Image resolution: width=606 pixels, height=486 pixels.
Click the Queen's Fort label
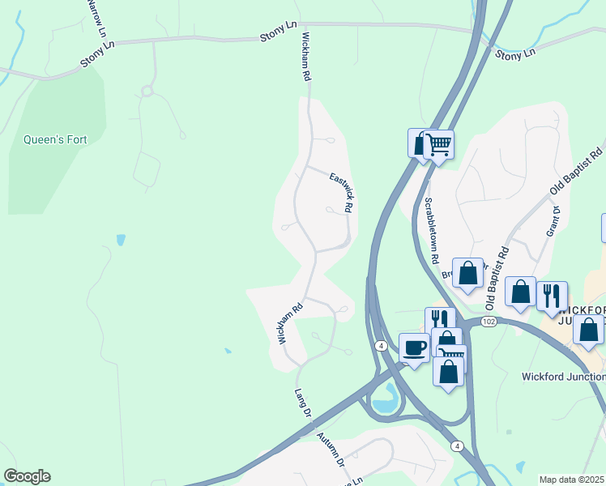(x=55, y=139)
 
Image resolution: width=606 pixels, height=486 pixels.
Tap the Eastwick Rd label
(x=341, y=191)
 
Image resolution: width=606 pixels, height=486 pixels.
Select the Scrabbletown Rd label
(x=430, y=232)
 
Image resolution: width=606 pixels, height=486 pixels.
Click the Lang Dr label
(x=304, y=403)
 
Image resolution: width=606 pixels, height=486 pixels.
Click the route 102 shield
(x=488, y=322)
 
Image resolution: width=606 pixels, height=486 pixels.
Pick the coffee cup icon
(x=414, y=348)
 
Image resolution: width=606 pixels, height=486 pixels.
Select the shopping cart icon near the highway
(x=438, y=146)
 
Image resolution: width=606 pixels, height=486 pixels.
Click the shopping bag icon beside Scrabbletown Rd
(x=467, y=273)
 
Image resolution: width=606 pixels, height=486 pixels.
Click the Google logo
(x=27, y=476)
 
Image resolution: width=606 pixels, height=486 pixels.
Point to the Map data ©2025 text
(x=572, y=480)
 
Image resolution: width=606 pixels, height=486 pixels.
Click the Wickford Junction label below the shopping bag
(x=563, y=377)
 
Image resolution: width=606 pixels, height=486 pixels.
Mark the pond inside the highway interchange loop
(x=386, y=397)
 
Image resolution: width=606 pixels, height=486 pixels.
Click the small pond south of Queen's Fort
(x=121, y=240)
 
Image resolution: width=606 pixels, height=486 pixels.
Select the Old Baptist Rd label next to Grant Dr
(x=576, y=170)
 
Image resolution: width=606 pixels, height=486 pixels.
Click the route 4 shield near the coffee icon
(x=380, y=346)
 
